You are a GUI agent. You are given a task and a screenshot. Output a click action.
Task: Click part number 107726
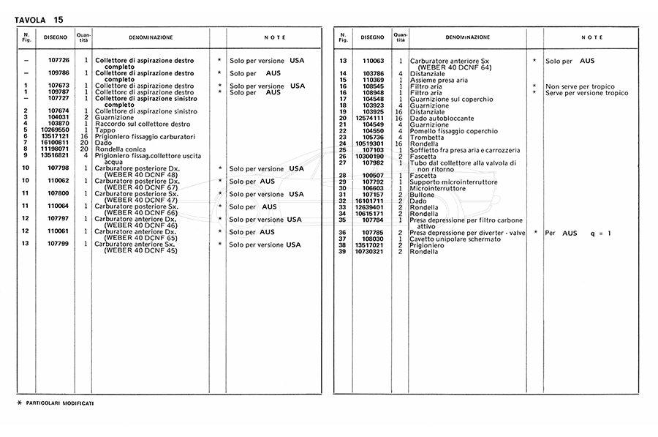pos(58,60)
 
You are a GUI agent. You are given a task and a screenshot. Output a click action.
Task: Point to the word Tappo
pos(105,130)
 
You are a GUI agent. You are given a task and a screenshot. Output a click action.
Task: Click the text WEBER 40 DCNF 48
pos(141,174)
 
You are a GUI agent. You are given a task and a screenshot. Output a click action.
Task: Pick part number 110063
pos(373,61)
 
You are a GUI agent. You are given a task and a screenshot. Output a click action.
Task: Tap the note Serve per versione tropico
pos(586,93)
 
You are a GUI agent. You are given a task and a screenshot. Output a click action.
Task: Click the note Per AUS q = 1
pos(578,233)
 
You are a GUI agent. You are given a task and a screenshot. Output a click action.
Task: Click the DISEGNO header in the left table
pos(55,37)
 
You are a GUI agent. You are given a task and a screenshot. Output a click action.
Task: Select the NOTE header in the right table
pos(592,37)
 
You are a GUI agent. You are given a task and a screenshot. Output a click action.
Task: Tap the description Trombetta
pos(428,137)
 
